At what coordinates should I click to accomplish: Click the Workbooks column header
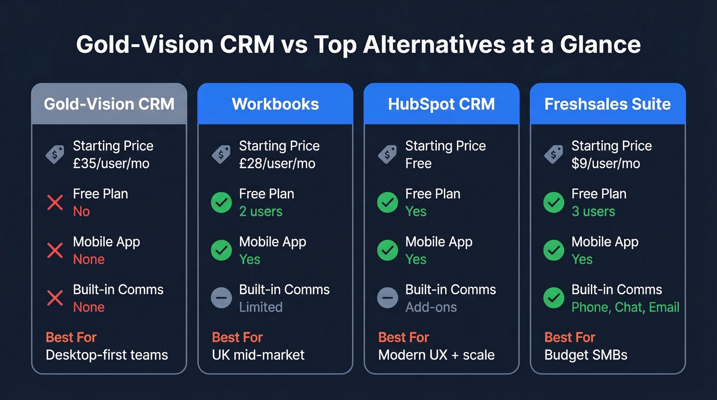click(275, 104)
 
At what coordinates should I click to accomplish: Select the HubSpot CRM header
click(441, 104)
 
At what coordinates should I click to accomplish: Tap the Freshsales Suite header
click(607, 104)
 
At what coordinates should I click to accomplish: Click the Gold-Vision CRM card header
click(109, 104)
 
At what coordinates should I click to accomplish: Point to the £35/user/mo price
click(111, 164)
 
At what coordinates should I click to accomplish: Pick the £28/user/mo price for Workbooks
click(277, 164)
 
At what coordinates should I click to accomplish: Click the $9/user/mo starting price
click(606, 164)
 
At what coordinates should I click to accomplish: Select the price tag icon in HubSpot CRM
click(387, 154)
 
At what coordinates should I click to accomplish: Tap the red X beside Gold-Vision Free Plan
click(55, 202)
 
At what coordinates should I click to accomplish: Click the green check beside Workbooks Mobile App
click(221, 250)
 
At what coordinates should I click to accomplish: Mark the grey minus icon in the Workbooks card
click(221, 298)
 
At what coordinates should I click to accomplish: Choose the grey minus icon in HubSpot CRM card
click(387, 298)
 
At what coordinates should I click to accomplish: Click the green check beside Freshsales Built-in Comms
click(554, 298)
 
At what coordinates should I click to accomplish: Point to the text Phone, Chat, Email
click(625, 307)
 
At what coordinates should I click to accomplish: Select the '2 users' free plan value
click(261, 212)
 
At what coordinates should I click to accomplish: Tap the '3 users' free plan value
click(593, 212)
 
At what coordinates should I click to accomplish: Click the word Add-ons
click(431, 307)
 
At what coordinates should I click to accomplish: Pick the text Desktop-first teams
click(107, 355)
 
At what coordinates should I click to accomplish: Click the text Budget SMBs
click(585, 355)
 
